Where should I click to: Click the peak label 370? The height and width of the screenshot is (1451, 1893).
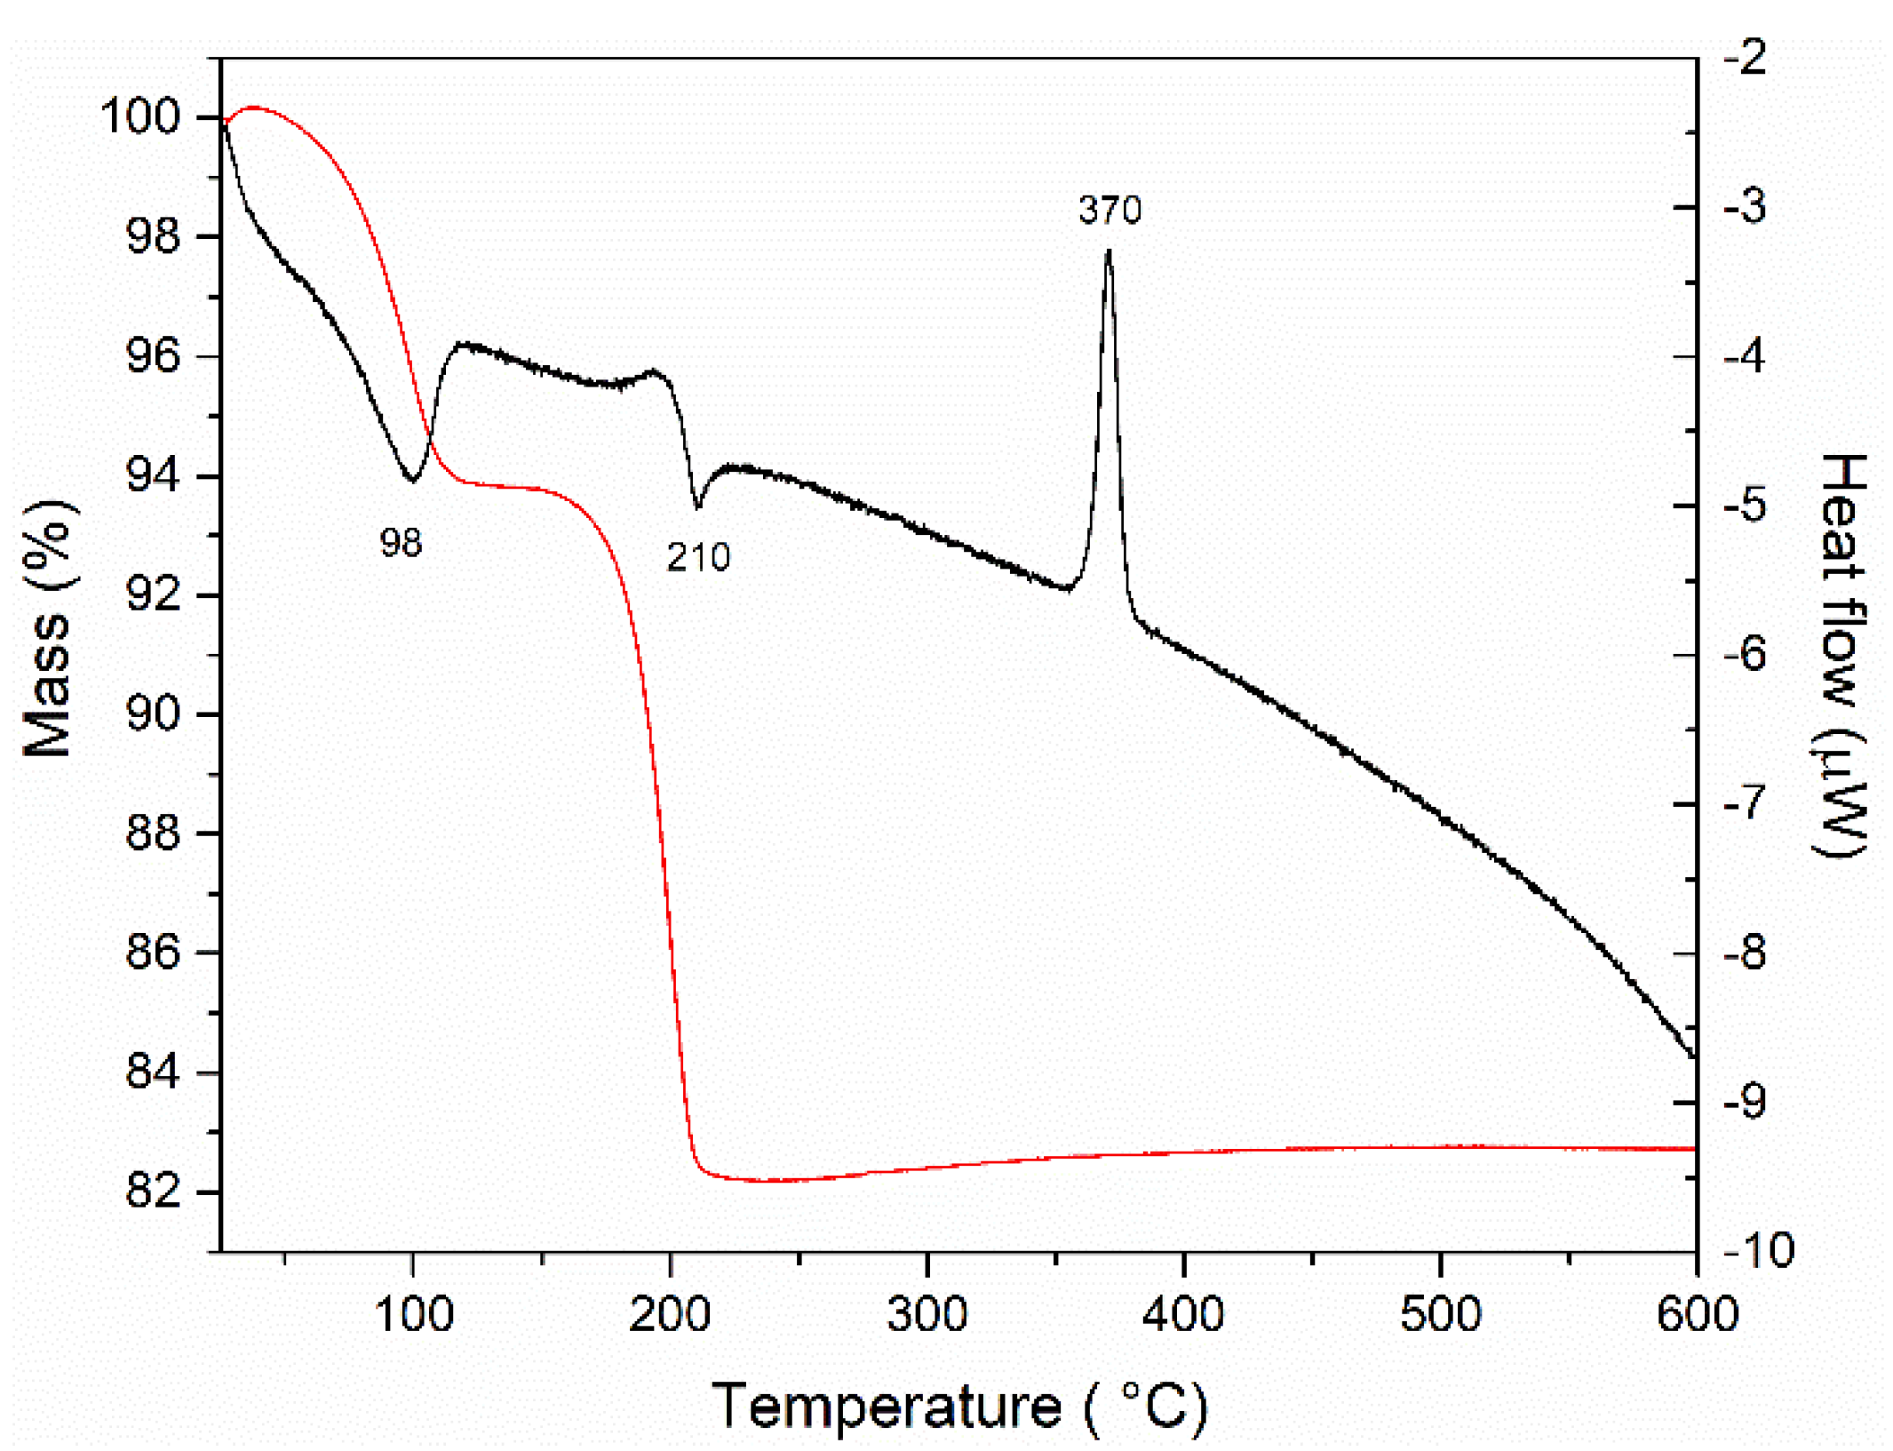point(1109,211)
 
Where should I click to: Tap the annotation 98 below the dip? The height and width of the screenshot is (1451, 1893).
point(401,543)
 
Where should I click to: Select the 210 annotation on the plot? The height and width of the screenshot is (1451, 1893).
point(698,558)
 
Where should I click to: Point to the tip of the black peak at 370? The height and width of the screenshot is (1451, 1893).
point(1108,252)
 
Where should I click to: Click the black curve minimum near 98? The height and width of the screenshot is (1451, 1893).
point(412,480)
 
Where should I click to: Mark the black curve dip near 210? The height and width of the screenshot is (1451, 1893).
point(697,507)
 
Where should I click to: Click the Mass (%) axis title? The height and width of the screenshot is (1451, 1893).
point(49,628)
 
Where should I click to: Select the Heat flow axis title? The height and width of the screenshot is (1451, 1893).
point(1841,655)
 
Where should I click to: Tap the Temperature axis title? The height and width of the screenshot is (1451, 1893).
point(959,1407)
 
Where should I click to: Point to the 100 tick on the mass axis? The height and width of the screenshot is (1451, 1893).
point(140,116)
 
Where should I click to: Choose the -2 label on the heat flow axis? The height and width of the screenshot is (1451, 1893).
point(1745,59)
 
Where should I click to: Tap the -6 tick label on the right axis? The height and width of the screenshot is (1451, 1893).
point(1745,655)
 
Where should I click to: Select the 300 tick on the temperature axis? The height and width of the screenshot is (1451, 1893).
point(927,1313)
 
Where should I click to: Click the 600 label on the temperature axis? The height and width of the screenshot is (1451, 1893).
point(1697,1313)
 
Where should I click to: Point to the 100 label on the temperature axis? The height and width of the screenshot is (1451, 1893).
point(413,1313)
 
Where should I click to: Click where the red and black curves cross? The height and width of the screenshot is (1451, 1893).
point(431,437)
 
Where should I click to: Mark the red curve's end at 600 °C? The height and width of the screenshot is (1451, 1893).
point(1694,1149)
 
